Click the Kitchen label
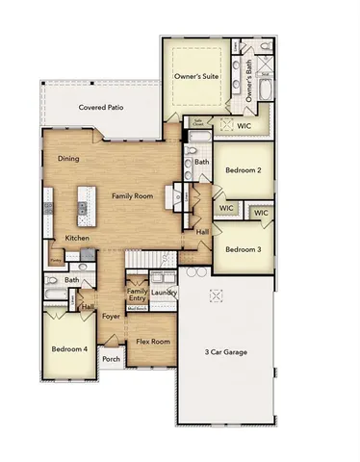pos(77,238)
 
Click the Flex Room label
pos(152,342)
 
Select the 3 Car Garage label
pos(226,353)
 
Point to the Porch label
pos(111,359)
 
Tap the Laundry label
pos(164,293)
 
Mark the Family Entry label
pos(137,295)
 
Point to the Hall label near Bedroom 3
pos(202,232)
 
